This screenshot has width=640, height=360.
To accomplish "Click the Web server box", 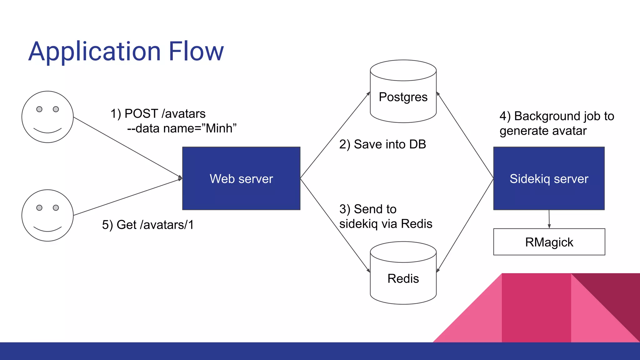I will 241,178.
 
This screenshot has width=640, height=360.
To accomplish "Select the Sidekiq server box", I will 549,178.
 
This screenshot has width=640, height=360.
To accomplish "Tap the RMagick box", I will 549,242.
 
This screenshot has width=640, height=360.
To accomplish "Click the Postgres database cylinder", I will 403,97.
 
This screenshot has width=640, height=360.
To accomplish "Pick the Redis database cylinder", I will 403,278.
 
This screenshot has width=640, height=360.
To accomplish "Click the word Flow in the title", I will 196,51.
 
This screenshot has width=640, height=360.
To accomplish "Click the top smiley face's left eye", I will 39,109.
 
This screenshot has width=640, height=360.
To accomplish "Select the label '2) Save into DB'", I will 382,144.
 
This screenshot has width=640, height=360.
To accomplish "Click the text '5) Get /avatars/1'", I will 148,225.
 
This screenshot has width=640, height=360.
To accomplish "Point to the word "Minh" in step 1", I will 221,128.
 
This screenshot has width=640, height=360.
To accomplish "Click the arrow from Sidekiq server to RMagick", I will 549,219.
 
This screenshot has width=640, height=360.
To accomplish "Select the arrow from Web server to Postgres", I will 335,135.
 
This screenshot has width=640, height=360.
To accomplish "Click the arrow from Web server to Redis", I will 335,225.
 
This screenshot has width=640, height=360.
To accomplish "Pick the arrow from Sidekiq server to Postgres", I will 465,135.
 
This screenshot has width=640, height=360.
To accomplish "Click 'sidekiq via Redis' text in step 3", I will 386,224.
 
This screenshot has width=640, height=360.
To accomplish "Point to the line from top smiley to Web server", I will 127,147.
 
